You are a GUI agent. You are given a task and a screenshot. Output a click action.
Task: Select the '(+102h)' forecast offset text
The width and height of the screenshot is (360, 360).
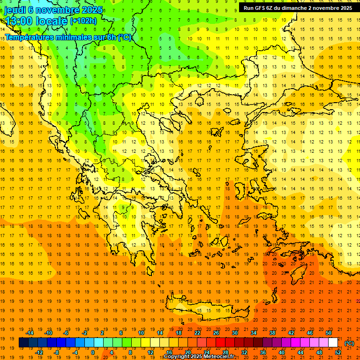(x=83, y=21)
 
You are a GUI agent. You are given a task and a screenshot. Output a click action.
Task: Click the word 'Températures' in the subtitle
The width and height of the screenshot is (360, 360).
(x=30, y=37)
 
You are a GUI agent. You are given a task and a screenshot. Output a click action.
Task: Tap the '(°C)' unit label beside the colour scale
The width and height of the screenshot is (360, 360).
(x=349, y=343)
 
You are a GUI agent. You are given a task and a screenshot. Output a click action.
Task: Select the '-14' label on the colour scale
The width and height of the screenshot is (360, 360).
(x=30, y=333)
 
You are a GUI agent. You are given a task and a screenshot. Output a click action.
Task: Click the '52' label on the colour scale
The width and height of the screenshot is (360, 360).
(x=338, y=352)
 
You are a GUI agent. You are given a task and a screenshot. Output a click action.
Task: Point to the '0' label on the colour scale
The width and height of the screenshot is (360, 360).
(x=93, y=352)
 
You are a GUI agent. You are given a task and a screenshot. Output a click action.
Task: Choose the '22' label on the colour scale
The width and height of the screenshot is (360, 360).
(x=197, y=333)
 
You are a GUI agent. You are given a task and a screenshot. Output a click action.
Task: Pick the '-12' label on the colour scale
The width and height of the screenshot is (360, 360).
(x=39, y=352)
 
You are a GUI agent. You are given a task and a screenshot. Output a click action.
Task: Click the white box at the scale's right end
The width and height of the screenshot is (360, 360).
(x=333, y=343)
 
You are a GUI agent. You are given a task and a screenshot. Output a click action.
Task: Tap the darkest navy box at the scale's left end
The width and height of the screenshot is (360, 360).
(x=23, y=343)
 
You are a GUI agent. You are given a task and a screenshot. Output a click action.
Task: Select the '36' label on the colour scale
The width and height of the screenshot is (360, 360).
(x=262, y=352)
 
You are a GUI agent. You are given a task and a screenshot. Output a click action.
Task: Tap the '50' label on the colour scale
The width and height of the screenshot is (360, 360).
(x=329, y=333)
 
